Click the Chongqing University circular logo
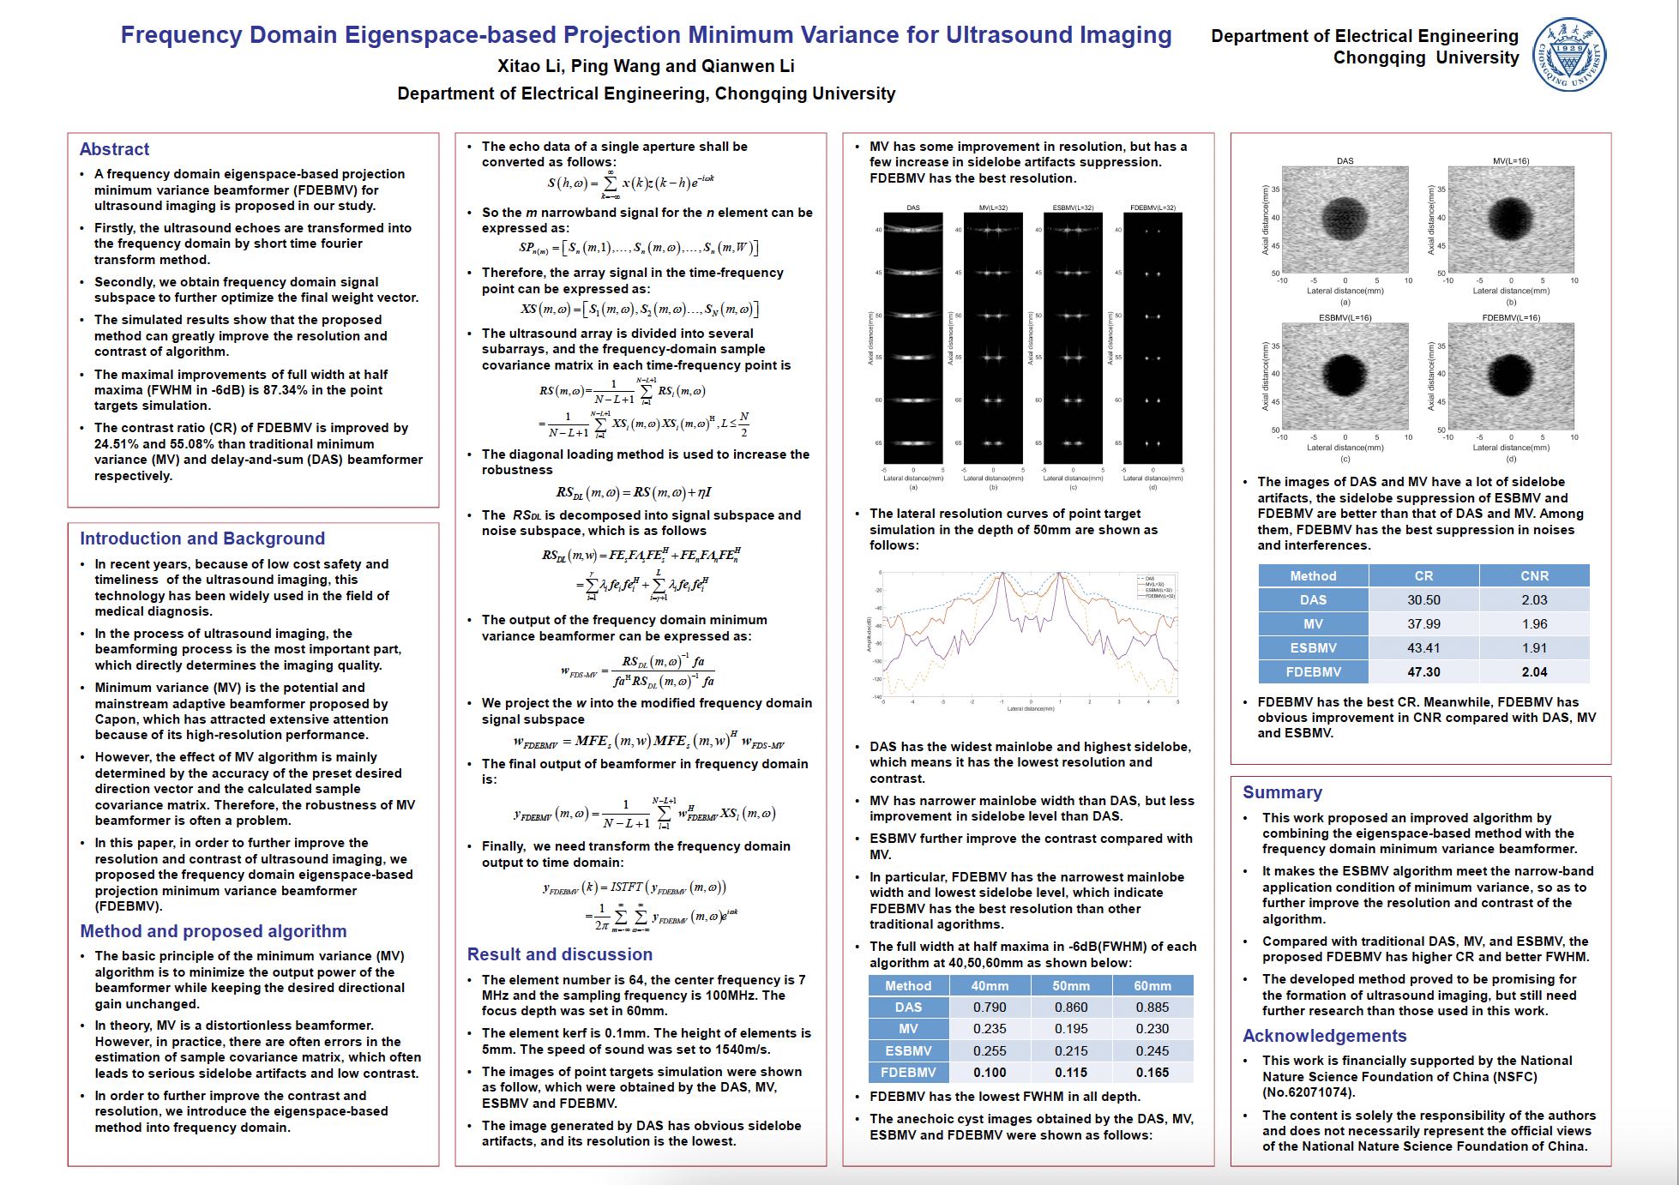pos(1569,55)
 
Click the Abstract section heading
pos(114,149)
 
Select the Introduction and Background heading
pos(202,538)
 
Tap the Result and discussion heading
pos(559,954)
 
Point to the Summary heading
pos(1282,792)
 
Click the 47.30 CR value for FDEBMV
pos(1423,672)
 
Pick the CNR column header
pos(1534,576)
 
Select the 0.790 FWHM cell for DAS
pos(990,1008)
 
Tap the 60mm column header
pos(1152,986)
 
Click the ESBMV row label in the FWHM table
pos(908,1051)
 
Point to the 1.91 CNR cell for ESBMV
pos(1534,648)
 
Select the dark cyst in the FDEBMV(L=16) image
pos(1510,373)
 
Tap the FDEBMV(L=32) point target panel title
pos(1152,208)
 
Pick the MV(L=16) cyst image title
pos(1510,161)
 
